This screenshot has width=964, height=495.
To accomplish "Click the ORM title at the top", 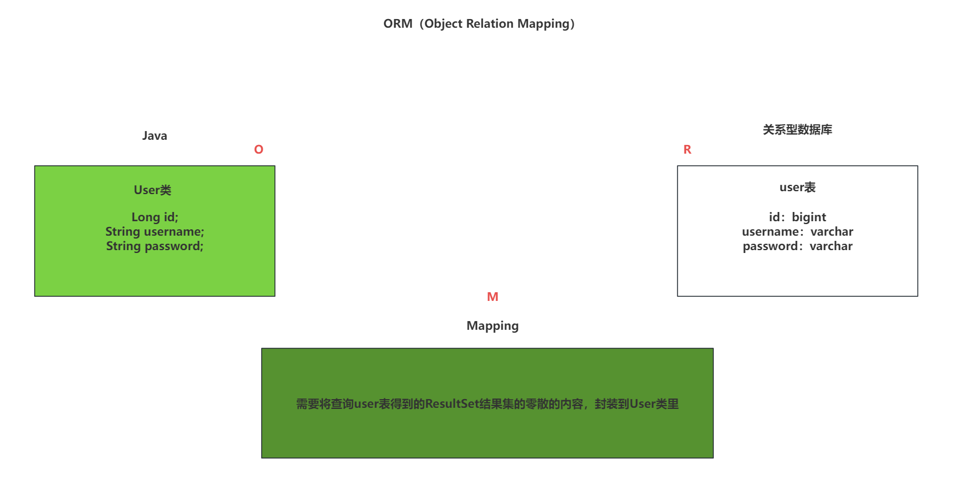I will click(x=479, y=24).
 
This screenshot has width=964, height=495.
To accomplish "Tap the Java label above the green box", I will click(x=154, y=136).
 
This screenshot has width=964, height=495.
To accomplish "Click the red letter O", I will click(x=259, y=150).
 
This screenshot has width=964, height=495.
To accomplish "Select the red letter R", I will click(x=687, y=150).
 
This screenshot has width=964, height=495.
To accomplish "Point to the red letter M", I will click(x=492, y=297).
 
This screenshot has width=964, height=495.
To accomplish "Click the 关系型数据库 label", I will click(x=797, y=130).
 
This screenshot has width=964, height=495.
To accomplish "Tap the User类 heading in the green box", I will click(x=152, y=190).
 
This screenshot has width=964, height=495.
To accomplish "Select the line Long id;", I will click(x=155, y=217).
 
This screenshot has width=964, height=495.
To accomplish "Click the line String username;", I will click(x=155, y=232).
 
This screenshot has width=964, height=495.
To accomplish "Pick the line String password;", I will click(x=155, y=246).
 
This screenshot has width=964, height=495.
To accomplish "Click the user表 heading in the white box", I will click(x=797, y=187).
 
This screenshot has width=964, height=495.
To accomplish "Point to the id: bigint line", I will click(x=797, y=217).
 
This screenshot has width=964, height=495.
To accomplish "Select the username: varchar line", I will click(x=797, y=232).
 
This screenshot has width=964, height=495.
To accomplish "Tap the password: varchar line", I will click(x=797, y=246).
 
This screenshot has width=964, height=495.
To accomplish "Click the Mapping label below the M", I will click(x=492, y=326).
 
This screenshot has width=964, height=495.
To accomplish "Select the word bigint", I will click(x=809, y=217).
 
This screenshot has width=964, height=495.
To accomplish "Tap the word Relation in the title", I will click(x=490, y=24).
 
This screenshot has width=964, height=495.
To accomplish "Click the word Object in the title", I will click(x=444, y=24).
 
